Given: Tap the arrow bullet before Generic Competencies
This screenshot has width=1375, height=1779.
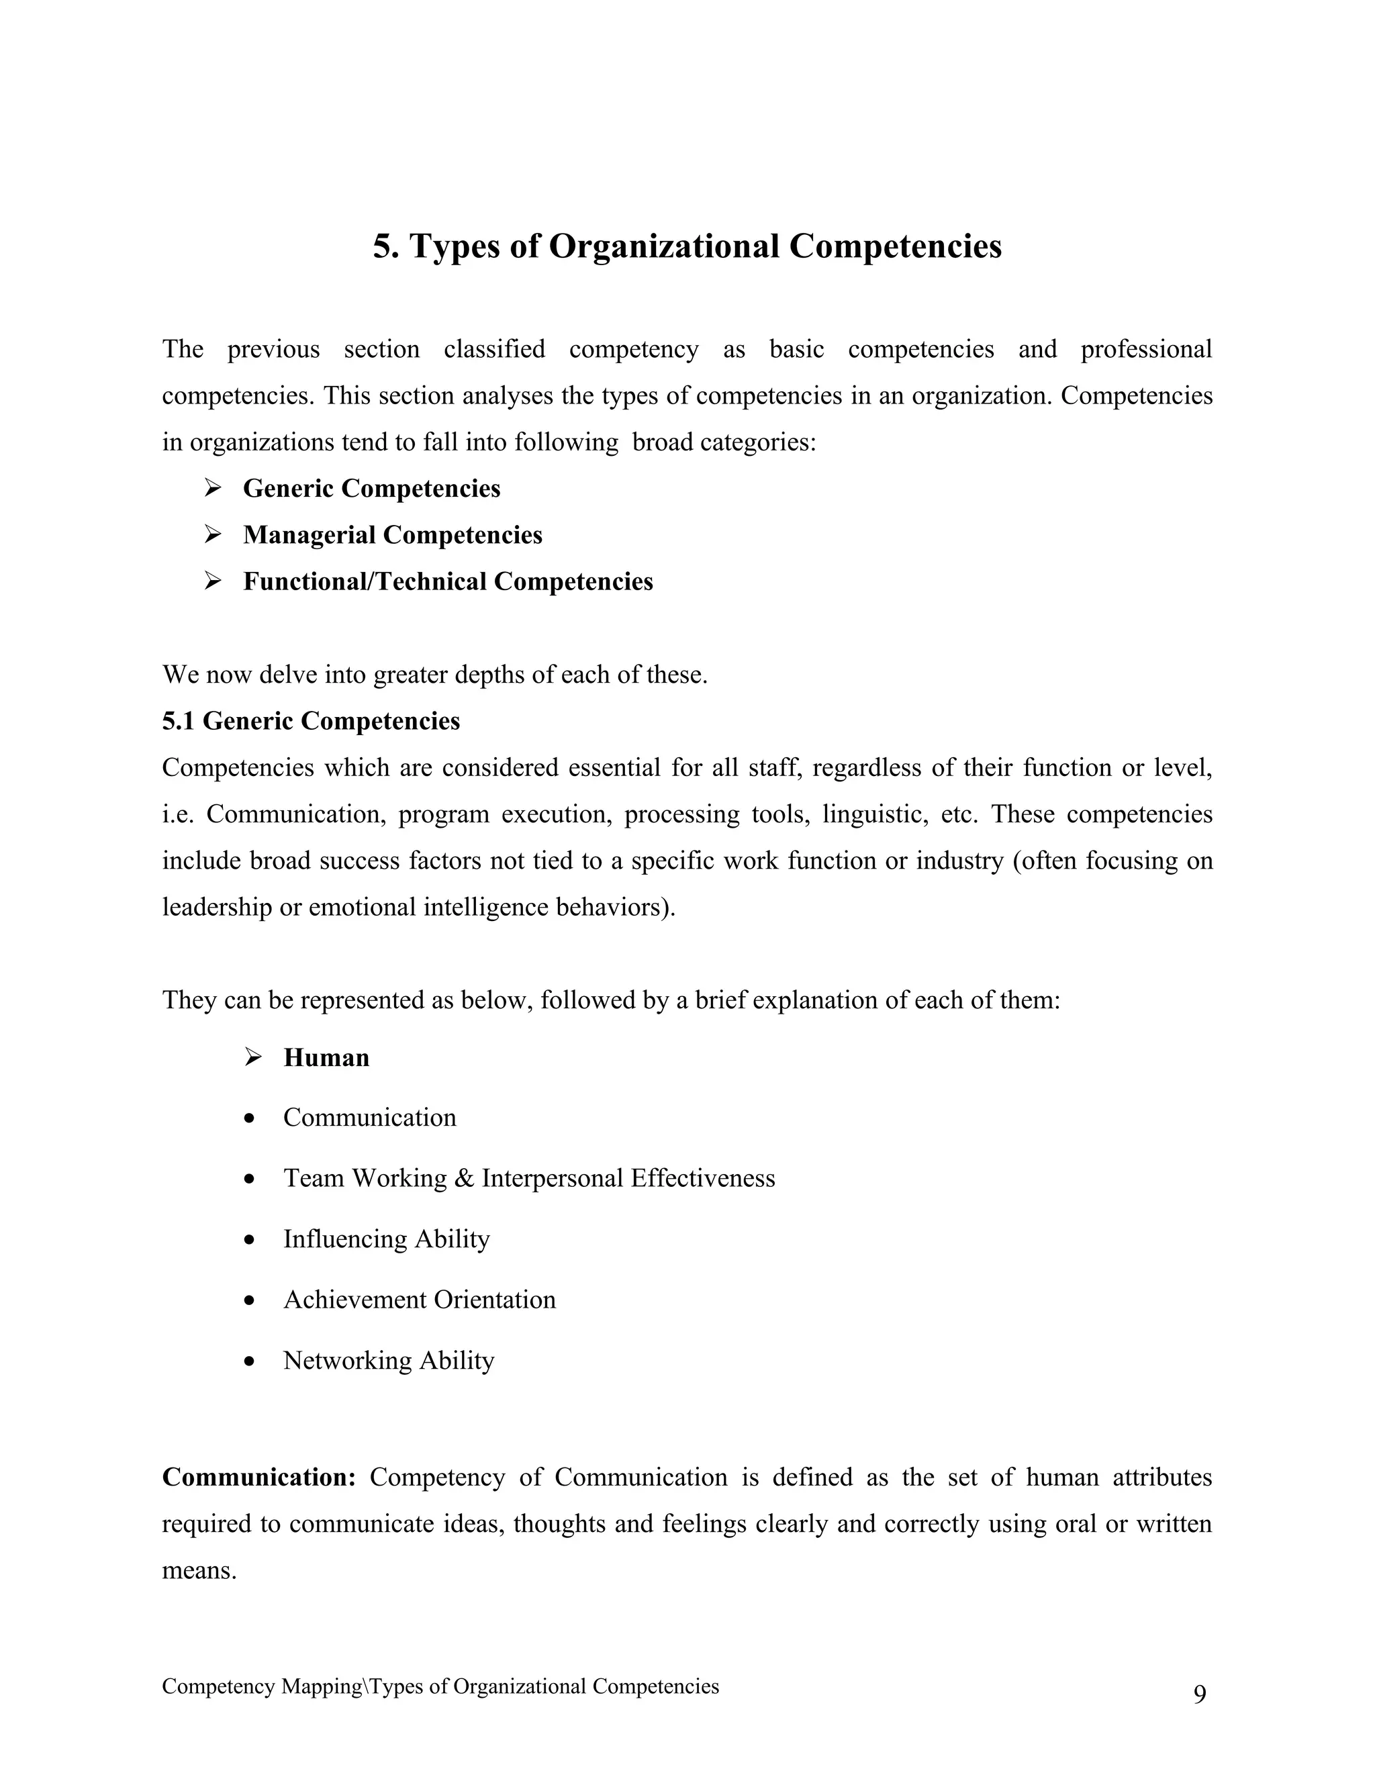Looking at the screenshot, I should coord(213,488).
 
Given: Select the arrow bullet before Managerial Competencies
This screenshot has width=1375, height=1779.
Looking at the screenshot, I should coord(213,534).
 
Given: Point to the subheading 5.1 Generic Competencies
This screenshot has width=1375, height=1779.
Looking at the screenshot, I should coord(310,721).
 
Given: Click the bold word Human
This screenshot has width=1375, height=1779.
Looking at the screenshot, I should coord(326,1057).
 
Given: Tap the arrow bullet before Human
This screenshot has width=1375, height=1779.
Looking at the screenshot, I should coord(252,1057).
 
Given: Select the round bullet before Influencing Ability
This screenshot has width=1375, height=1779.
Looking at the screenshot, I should coord(250,1240).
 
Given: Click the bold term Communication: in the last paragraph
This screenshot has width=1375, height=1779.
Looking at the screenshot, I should coord(259,1477).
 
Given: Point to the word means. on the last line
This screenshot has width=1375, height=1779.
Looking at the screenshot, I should coord(199,1570).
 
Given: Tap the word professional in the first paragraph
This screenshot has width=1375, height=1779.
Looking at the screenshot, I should coord(1145,350).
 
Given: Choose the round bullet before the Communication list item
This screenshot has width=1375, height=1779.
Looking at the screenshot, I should coord(250,1118).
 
